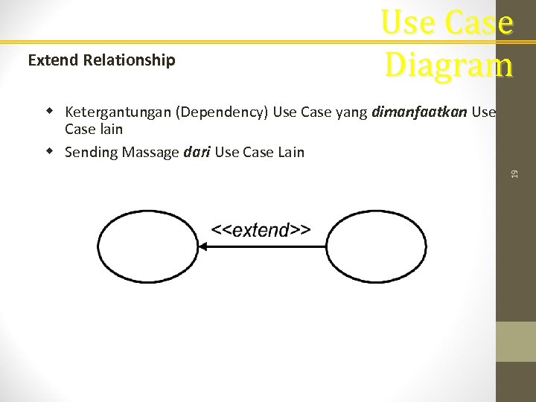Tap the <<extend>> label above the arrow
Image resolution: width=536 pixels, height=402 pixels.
[x=261, y=230]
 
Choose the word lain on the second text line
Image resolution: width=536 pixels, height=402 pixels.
[x=109, y=129]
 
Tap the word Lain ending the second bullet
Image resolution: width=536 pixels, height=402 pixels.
[x=290, y=152]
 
